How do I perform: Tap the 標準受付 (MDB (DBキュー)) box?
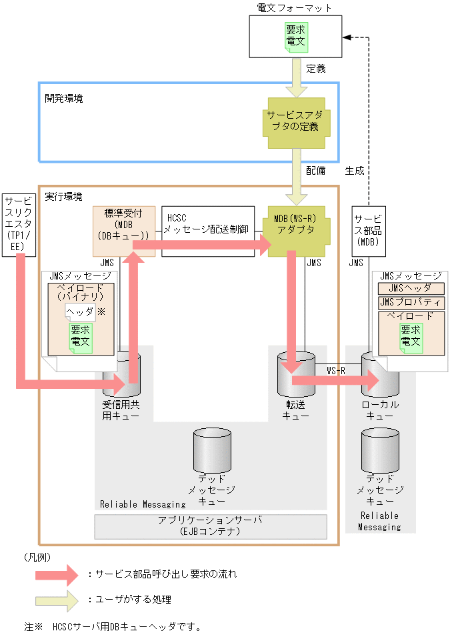pyautogui.click(x=124, y=231)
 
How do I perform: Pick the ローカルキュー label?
pyautogui.click(x=380, y=410)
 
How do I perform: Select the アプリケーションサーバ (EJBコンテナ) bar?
pyautogui.click(x=211, y=526)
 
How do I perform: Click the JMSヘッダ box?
pyautogui.click(x=409, y=288)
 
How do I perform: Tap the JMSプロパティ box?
pyautogui.click(x=409, y=302)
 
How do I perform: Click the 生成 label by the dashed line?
pyautogui.click(x=355, y=171)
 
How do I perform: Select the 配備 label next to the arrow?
pyautogui.click(x=316, y=171)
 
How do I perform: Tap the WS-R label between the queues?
pyautogui.click(x=335, y=370)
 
